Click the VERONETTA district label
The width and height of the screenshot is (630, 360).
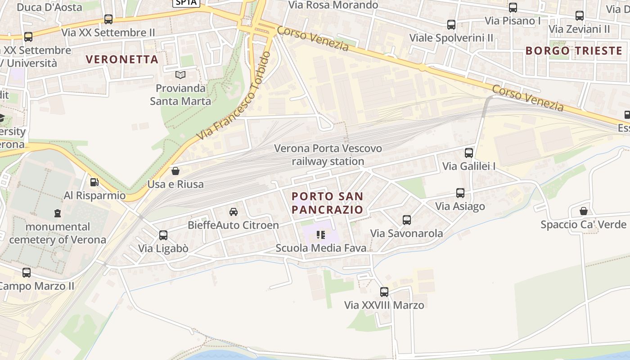click(122, 59)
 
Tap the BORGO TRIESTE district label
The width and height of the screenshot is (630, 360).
click(574, 50)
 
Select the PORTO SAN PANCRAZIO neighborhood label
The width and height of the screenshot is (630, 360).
click(327, 203)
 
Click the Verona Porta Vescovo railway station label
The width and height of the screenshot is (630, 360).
click(328, 155)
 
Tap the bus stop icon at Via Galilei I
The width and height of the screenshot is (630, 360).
click(469, 153)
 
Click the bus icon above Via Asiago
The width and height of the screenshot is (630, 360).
click(460, 193)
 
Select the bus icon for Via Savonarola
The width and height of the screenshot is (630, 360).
click(407, 220)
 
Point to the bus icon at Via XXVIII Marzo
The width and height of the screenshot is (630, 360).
click(384, 292)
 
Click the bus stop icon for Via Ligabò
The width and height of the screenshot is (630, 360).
click(163, 235)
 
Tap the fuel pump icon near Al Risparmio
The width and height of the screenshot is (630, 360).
click(94, 182)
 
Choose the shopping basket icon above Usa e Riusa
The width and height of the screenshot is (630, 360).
click(175, 171)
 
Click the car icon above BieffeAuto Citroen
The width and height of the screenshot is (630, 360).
click(233, 212)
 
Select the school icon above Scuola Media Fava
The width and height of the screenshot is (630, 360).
click(321, 234)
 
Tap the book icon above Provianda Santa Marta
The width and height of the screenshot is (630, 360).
click(180, 75)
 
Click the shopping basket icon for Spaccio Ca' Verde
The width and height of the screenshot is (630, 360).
click(584, 211)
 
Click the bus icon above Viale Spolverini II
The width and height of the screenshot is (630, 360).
click(451, 25)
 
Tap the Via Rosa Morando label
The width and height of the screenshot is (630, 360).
click(333, 5)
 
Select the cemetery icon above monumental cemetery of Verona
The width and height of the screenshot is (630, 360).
click(58, 213)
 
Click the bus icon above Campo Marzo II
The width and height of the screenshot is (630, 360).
click(27, 273)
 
